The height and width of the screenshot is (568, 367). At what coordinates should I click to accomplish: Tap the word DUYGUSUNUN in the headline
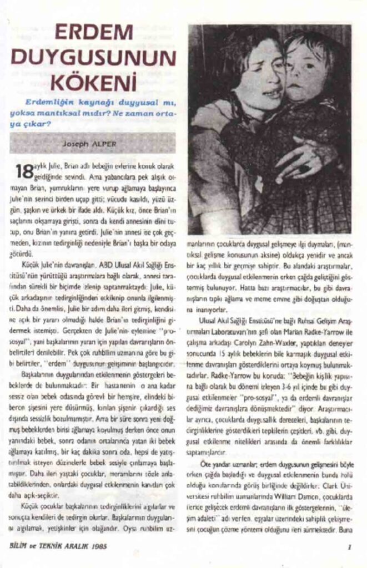pyautogui.click(x=93, y=59)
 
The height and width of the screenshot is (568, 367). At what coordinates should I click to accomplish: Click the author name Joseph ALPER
pyautogui.click(x=92, y=143)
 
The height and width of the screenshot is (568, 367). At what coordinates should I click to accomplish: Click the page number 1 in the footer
pyautogui.click(x=350, y=546)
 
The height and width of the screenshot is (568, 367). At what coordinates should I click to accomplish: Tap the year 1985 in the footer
pyautogui.click(x=96, y=546)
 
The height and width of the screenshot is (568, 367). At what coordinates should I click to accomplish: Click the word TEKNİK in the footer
pyautogui.click(x=48, y=546)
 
